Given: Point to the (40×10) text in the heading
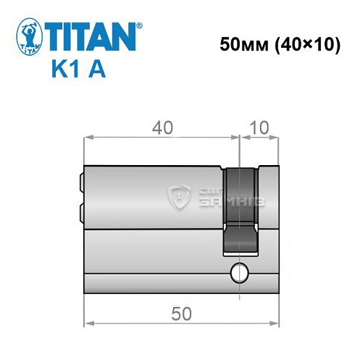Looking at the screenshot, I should pyautogui.click(x=299, y=45).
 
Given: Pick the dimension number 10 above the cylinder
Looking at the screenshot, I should pyautogui.click(x=259, y=127).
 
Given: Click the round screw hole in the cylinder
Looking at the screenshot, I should pyautogui.click(x=237, y=273).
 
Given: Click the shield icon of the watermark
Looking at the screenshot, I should pyautogui.click(x=178, y=194).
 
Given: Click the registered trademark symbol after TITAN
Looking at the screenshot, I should pyautogui.click(x=140, y=25).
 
